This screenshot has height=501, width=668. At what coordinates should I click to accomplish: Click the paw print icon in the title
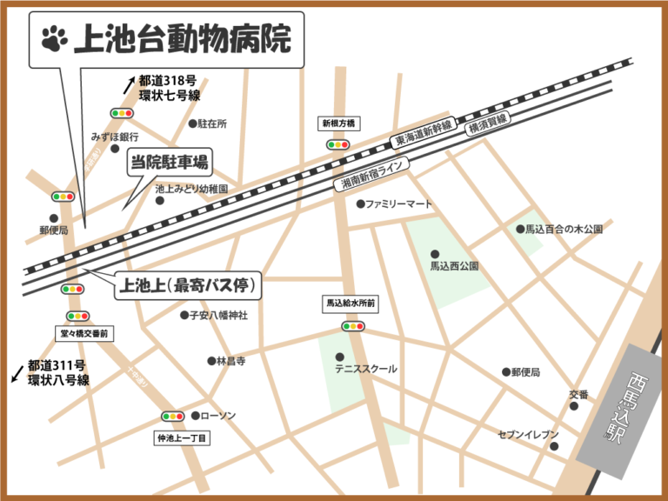tap(54, 38)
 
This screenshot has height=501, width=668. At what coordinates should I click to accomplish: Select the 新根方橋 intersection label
tap(338, 124)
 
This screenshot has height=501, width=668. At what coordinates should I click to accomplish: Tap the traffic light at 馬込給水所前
tap(353, 326)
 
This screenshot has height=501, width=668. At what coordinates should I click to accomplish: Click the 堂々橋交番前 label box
tap(82, 333)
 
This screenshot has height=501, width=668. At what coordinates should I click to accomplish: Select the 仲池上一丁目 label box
tap(181, 438)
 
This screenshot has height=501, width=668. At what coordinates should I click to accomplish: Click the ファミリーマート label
tap(398, 204)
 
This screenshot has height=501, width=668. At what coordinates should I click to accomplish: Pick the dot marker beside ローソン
tap(195, 416)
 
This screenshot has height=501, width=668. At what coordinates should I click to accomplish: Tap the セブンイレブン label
tap(528, 433)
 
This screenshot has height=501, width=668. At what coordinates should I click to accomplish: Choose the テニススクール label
tap(366, 369)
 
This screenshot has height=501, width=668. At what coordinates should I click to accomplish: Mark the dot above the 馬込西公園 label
tap(435, 254)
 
